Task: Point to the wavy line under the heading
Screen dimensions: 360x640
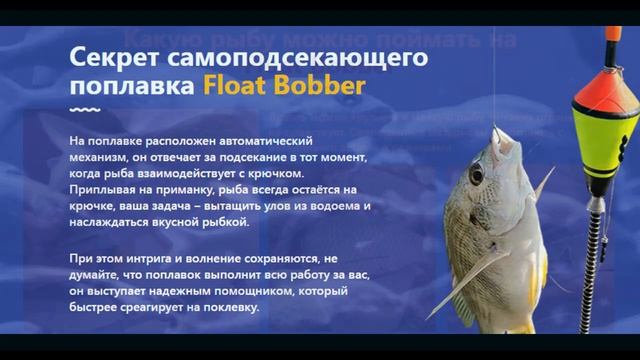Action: [x=85, y=109]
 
